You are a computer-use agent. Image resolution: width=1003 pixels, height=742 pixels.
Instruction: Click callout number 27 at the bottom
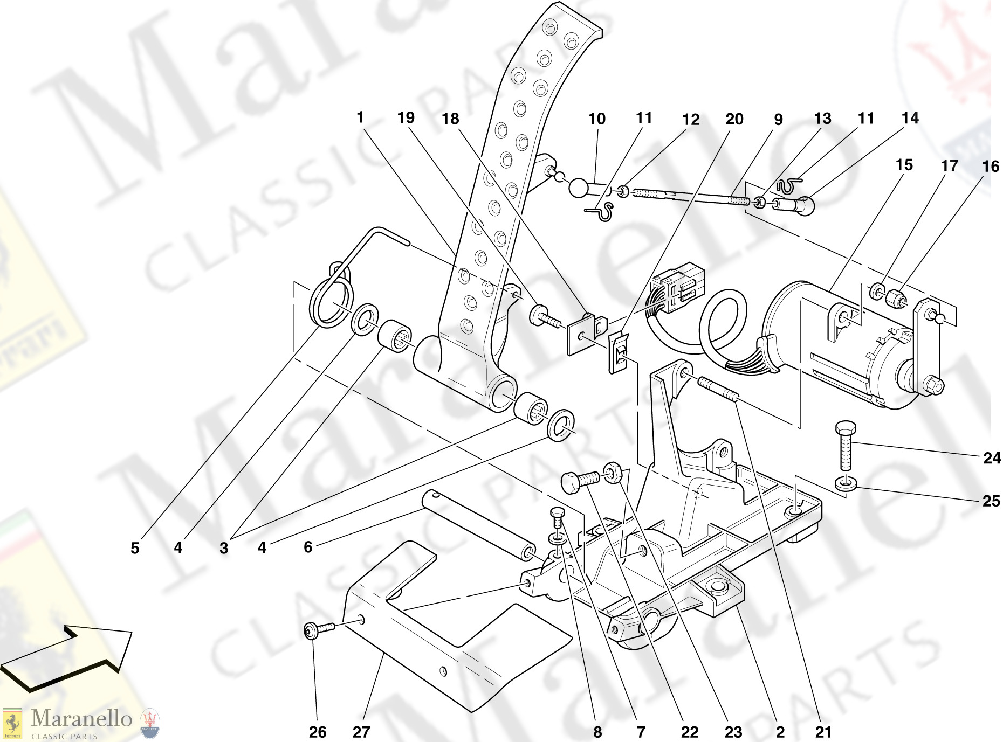click(361, 732)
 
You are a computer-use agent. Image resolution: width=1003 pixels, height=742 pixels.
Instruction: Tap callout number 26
click(318, 732)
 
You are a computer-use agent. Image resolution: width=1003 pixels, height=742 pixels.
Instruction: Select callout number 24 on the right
click(991, 458)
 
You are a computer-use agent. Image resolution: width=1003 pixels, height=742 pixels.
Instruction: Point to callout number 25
click(991, 501)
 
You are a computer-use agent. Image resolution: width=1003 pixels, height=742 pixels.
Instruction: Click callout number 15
click(904, 164)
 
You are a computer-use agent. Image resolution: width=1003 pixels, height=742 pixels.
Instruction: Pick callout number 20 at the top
click(734, 119)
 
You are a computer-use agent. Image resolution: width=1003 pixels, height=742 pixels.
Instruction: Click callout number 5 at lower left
click(135, 548)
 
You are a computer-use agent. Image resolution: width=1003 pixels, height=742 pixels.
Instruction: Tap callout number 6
click(308, 547)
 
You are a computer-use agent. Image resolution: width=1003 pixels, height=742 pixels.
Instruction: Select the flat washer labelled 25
click(846, 483)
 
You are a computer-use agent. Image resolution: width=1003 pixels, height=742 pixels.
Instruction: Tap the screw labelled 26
click(318, 629)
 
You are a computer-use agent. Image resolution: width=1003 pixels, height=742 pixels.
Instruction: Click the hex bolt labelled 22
click(580, 480)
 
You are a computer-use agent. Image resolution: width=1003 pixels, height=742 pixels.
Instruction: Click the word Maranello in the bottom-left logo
click(81, 718)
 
